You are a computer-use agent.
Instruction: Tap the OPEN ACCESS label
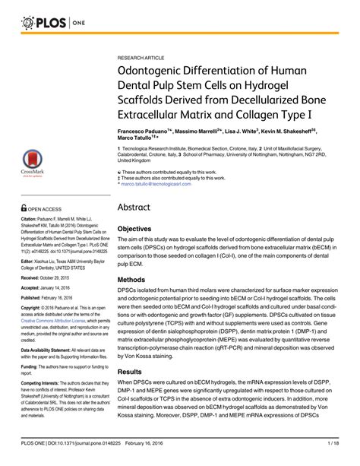[46, 207]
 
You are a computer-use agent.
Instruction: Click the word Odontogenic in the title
[160, 74]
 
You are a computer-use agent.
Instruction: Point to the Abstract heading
[138, 208]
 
